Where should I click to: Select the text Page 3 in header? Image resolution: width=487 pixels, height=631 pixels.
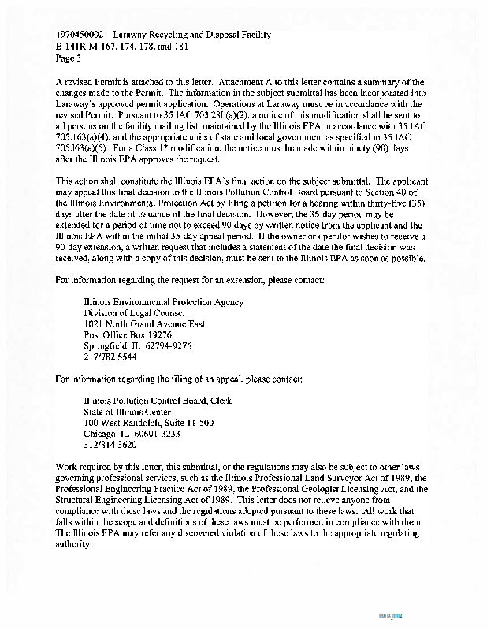pyautogui.click(x=70, y=57)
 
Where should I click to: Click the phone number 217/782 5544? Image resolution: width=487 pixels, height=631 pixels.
pyautogui.click(x=104, y=357)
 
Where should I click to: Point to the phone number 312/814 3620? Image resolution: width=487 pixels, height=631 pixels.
pyautogui.click(x=104, y=444)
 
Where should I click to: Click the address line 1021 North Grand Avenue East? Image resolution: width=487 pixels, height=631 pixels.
pyautogui.click(x=144, y=323)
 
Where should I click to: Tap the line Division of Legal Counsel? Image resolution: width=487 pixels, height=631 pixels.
pyautogui.click(x=134, y=312)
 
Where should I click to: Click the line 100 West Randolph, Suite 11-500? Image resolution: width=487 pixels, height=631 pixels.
pyautogui.click(x=149, y=422)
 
